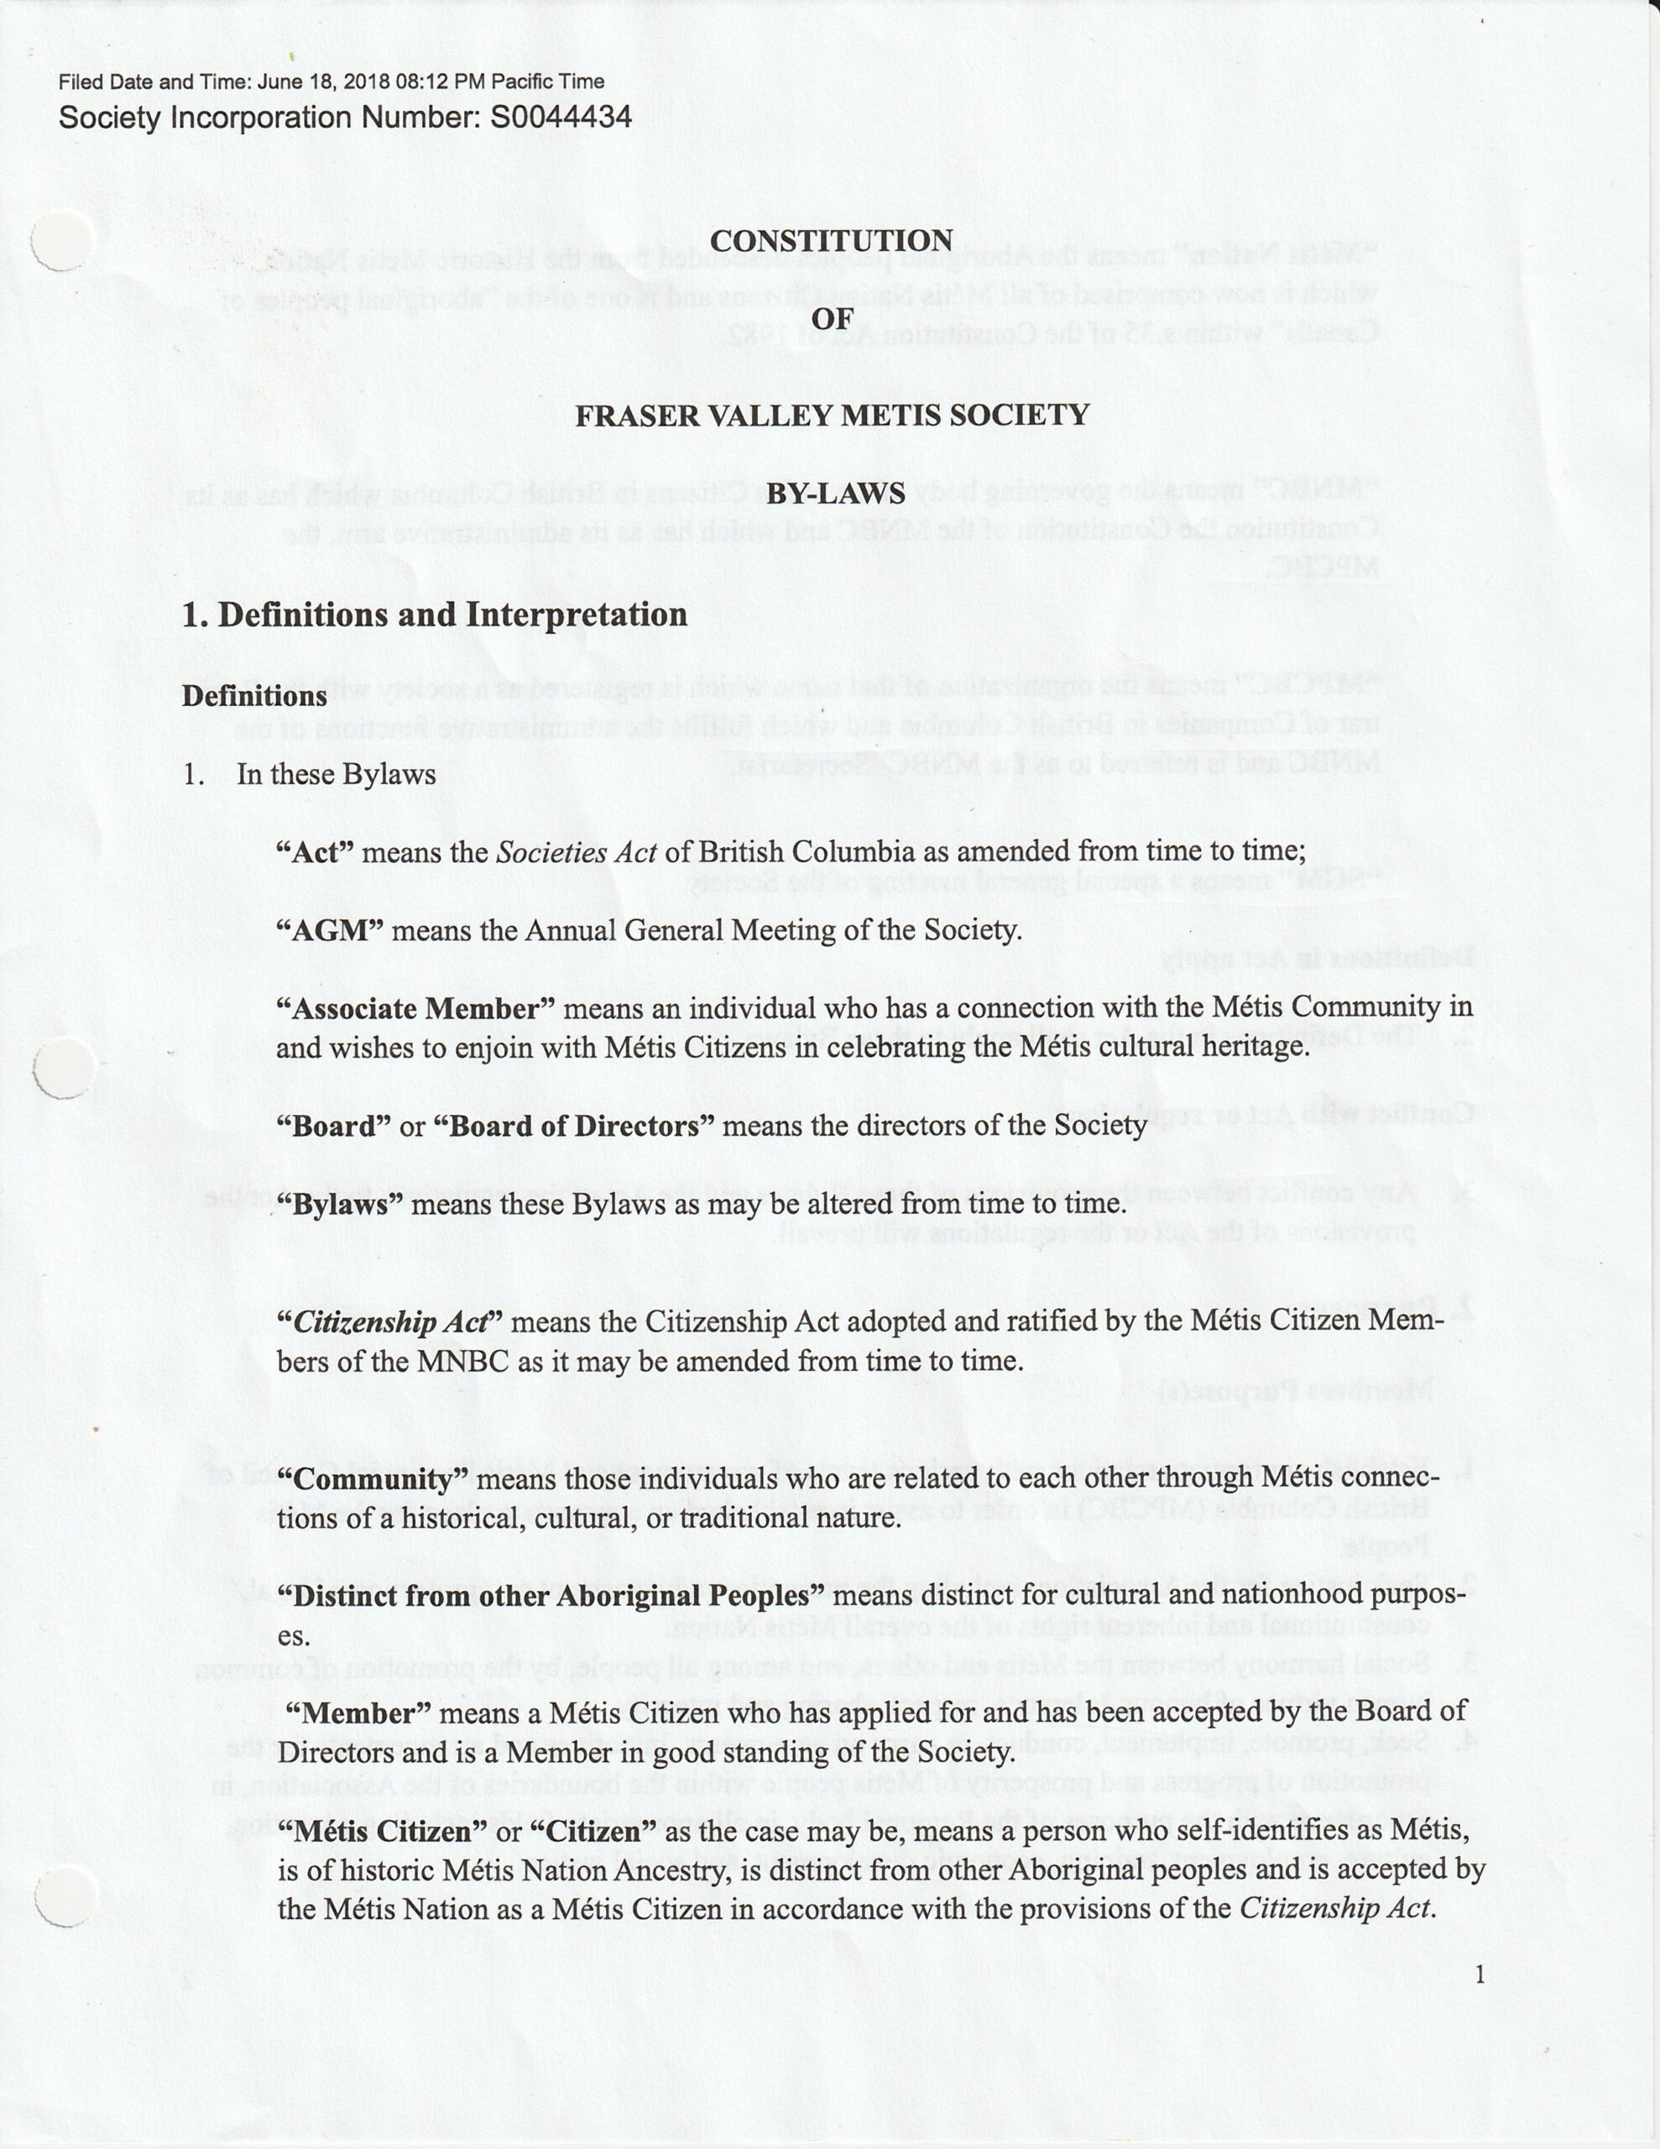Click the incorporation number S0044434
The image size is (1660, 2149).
tap(560, 118)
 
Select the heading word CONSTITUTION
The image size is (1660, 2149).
tap(831, 240)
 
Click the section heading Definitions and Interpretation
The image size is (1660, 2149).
tap(452, 615)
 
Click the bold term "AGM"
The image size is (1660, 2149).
tap(329, 930)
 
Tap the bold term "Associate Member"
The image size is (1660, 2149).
tap(416, 1008)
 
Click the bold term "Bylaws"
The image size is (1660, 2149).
tap(341, 1204)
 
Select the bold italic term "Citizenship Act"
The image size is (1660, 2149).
tap(390, 1321)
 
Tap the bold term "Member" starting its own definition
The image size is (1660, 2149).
tap(358, 1713)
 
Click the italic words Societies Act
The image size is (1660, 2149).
tap(576, 852)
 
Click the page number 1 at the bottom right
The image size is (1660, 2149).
tap(1479, 1974)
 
